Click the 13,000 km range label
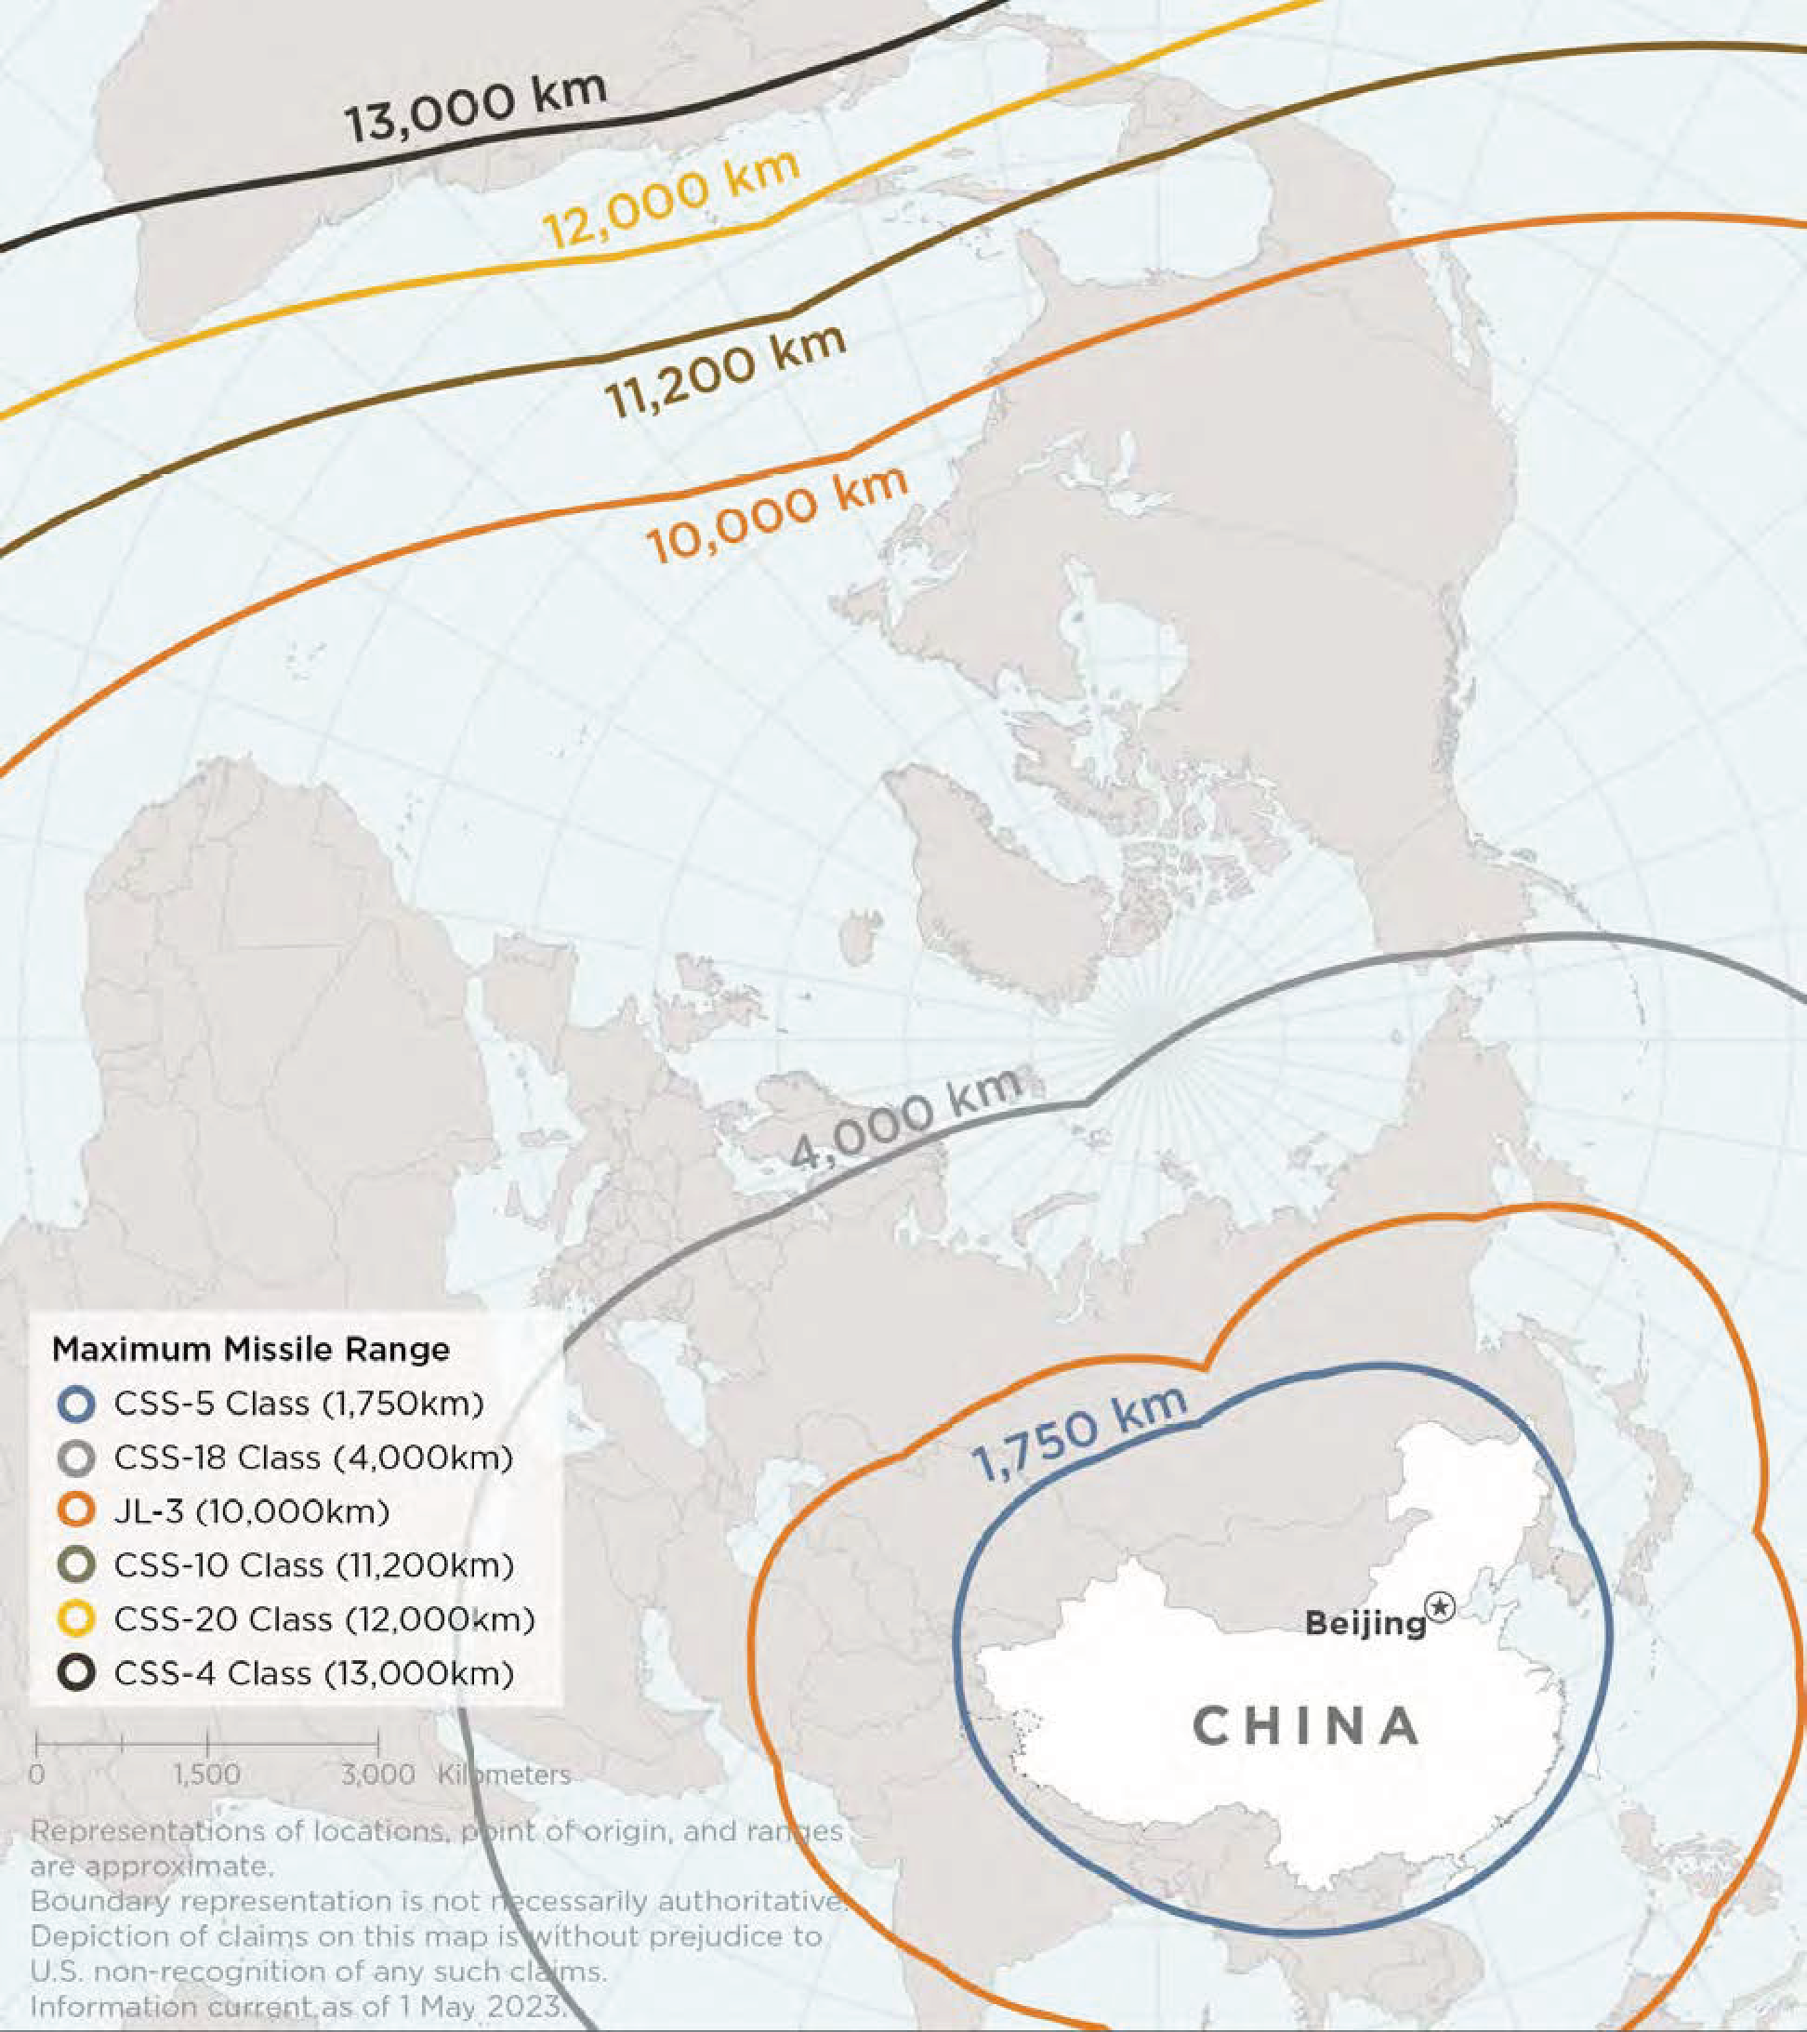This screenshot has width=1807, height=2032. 475,108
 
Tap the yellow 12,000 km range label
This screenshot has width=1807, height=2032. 672,201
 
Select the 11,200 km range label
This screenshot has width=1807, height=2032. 726,370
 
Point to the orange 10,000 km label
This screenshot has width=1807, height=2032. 777,515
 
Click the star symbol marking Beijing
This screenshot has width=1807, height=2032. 1440,1605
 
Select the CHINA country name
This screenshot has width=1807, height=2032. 1306,1726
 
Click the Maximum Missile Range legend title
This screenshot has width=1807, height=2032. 250,1349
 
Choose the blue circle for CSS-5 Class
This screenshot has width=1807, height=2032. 76,1405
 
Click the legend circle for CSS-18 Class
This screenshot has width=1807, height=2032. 76,1458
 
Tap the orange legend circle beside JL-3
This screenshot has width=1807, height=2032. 76,1512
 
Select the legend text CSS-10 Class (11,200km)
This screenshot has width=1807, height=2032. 313,1565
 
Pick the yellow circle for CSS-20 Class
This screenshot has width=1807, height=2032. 76,1619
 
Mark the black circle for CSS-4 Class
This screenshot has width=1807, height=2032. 76,1673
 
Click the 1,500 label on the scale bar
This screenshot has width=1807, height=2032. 206,1775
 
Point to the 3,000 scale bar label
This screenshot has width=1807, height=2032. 377,1775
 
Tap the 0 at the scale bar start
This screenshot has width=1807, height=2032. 37,1775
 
